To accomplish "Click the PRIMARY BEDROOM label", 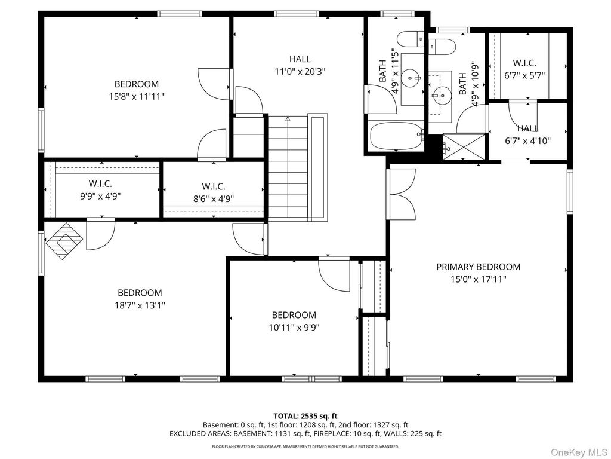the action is [478, 267].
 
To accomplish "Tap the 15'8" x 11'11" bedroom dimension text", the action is [137, 96].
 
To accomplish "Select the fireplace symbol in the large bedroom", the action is [64, 241].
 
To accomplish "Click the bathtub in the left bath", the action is [396, 136].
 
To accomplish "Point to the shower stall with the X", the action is [464, 147].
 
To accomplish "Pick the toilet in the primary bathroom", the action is [442, 47].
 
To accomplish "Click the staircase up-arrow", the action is [288, 120].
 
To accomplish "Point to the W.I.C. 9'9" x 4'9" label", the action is [100, 189].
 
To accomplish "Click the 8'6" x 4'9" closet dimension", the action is [214, 199].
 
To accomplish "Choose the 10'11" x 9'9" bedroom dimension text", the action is [294, 328].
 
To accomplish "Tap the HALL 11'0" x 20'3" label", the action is [300, 65].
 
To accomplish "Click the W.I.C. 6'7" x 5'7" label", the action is [524, 69].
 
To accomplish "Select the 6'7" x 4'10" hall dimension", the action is [528, 141].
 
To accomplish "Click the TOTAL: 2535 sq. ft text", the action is [305, 416].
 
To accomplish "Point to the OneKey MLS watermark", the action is [578, 452].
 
